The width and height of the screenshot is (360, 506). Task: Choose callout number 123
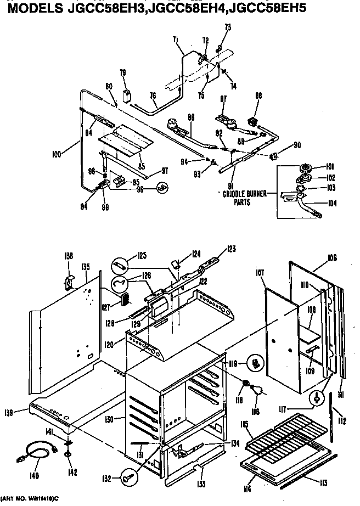[x=231, y=249]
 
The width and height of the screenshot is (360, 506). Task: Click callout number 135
[x=85, y=267]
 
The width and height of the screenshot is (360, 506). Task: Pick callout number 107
[x=260, y=272]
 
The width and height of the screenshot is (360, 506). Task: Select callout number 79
[x=123, y=72]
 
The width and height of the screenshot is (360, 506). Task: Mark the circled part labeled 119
[x=254, y=363]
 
